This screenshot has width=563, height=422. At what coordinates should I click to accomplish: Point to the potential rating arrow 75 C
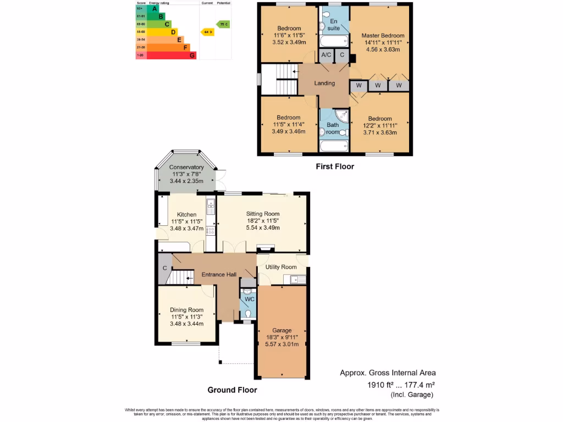click(223, 24)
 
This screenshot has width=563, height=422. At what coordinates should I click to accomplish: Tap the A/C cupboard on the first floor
click(326, 55)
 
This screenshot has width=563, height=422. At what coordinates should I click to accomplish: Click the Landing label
click(324, 84)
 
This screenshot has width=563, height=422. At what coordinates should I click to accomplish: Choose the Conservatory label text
click(186, 167)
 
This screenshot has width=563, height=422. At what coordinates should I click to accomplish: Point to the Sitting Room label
click(263, 214)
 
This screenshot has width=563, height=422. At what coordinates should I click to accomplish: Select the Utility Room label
click(281, 267)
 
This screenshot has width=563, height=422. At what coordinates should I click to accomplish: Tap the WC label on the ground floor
click(249, 299)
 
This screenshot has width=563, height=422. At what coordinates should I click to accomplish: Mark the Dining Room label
click(186, 310)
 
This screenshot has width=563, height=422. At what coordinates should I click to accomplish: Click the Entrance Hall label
click(218, 275)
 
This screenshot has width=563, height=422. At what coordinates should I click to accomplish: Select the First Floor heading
click(334, 166)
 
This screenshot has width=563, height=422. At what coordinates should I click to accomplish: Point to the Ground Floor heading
click(232, 390)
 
